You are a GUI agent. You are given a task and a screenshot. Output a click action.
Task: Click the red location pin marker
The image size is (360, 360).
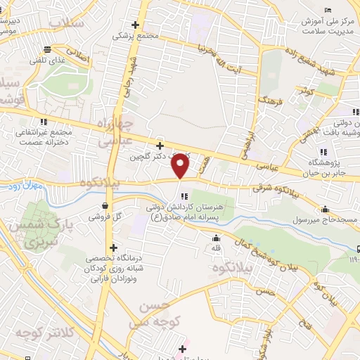pyautogui.click(x=181, y=166)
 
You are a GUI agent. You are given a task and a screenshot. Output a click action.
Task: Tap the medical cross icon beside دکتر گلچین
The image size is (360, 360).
pyautogui.click(x=160, y=146)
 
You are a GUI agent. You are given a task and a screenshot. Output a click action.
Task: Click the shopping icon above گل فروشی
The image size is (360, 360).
pyautogui.click(x=105, y=206)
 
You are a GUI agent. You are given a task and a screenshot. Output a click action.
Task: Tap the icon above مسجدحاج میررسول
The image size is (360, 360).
pyautogui.click(x=325, y=210)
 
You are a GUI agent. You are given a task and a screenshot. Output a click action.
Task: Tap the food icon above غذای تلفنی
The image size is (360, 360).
pyautogui.click(x=47, y=49)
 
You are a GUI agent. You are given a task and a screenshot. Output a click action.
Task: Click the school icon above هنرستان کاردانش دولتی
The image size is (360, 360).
pyautogui.click(x=184, y=196)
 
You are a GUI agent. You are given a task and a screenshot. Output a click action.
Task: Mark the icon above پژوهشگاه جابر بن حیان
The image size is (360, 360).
pyautogui.click(x=323, y=151)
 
